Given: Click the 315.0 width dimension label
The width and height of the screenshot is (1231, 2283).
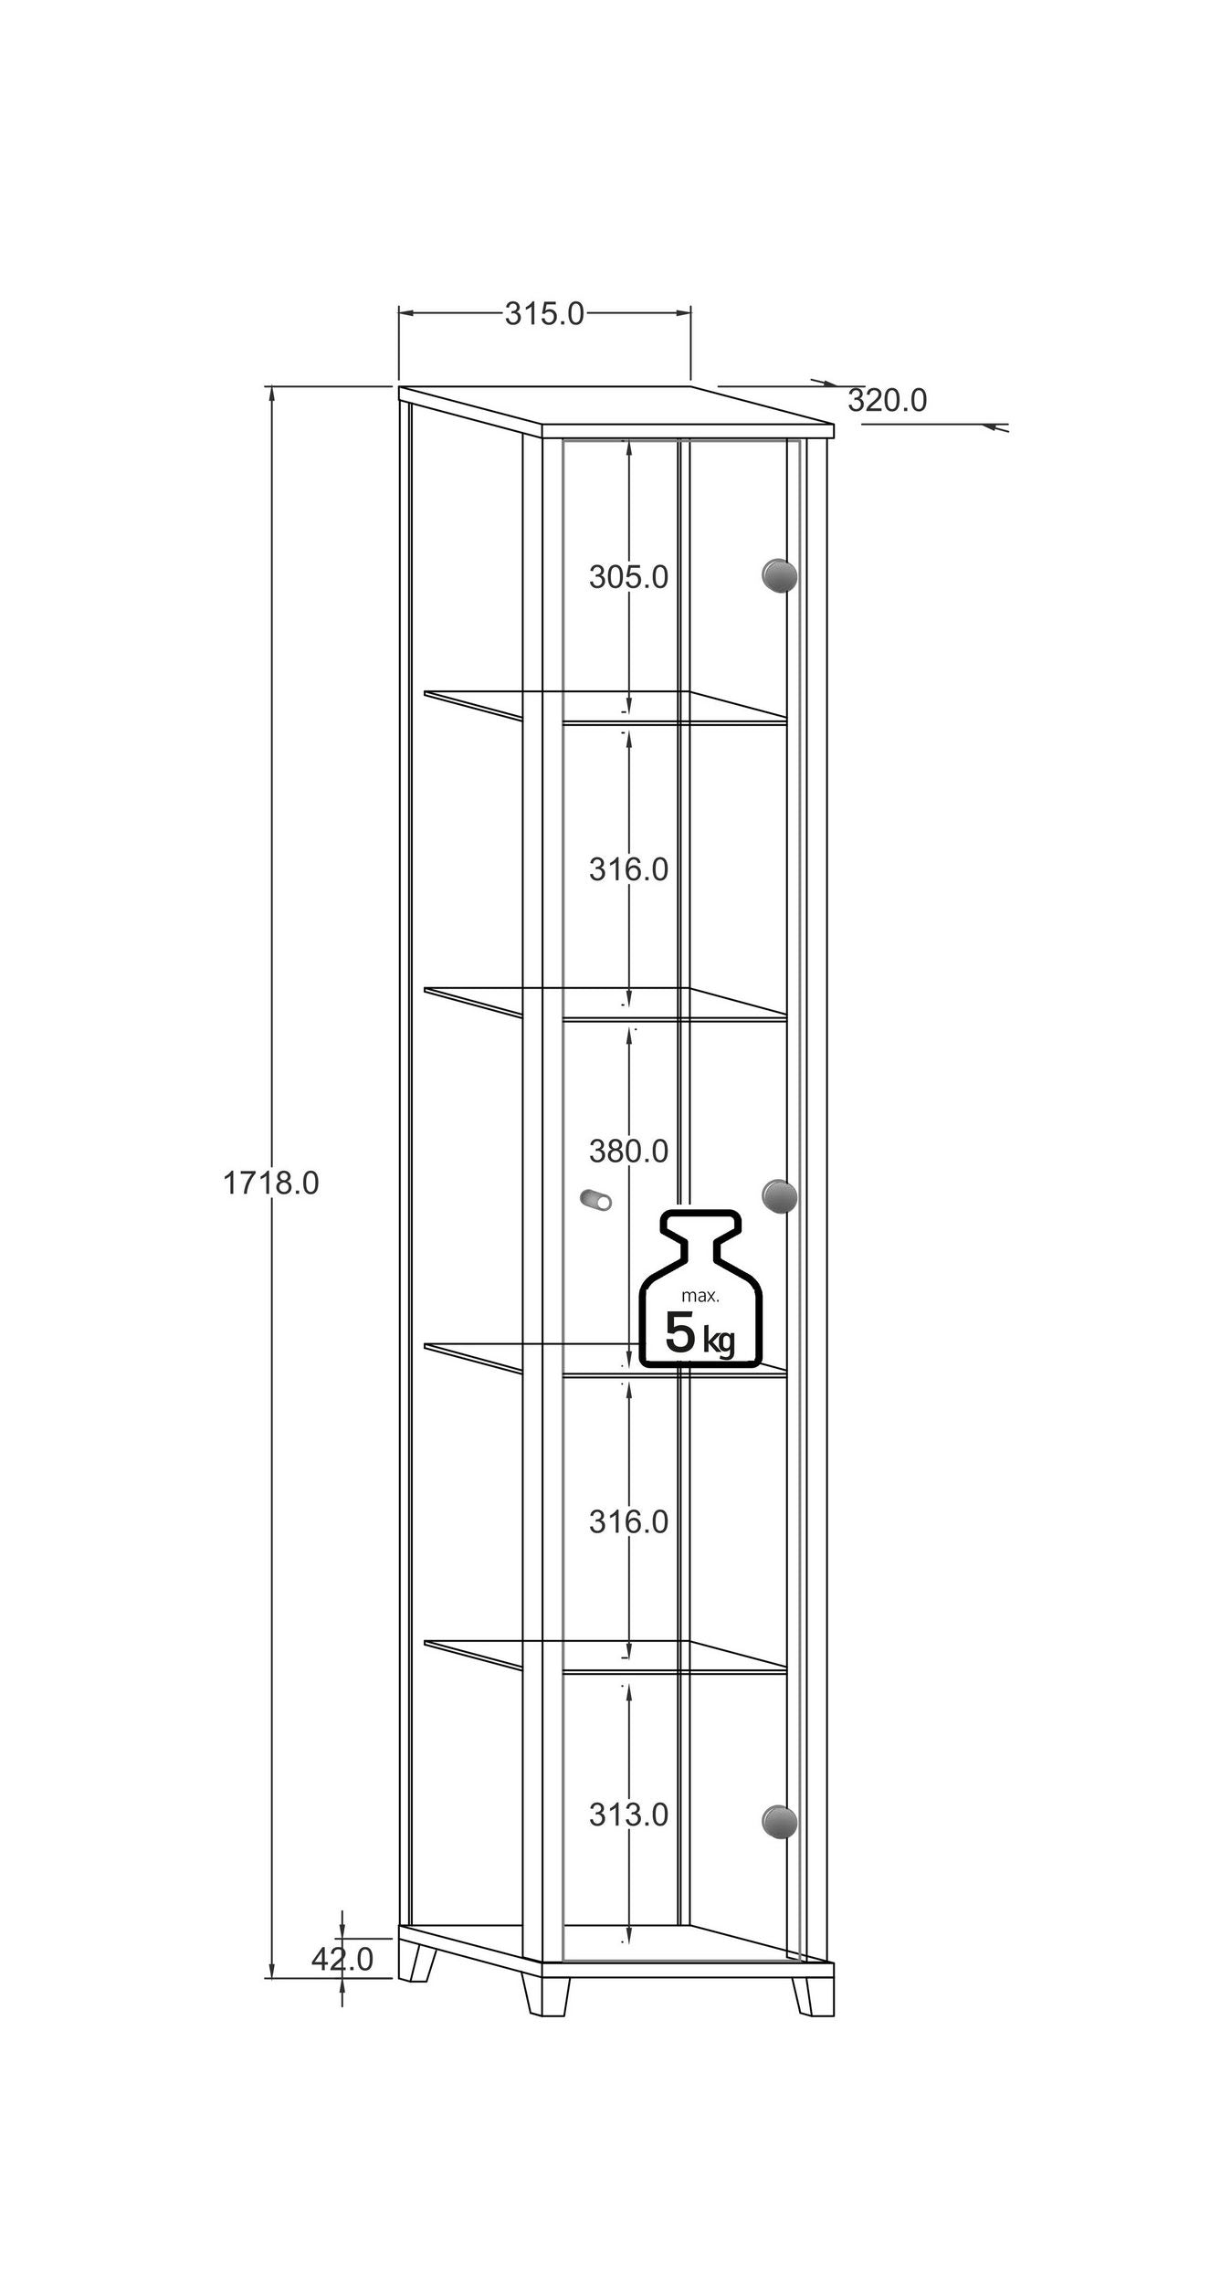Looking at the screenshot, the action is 544,313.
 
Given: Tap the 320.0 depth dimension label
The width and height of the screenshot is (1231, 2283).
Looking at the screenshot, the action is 887,400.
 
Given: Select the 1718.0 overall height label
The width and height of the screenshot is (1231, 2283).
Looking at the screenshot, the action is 271,1184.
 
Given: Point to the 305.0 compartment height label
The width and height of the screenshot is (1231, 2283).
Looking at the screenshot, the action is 628,577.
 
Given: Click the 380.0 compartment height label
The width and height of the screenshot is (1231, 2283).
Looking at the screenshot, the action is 628,1152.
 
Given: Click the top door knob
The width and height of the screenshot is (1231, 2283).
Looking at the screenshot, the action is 779,575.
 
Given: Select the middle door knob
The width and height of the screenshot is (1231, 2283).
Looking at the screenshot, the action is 779,1196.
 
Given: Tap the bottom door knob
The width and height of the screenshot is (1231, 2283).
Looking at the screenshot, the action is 779,1821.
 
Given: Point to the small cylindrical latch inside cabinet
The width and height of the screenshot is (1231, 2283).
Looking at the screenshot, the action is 596,1200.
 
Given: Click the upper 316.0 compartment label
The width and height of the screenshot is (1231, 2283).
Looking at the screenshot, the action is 628,869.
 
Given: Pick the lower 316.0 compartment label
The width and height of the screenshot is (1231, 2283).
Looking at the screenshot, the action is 628,1522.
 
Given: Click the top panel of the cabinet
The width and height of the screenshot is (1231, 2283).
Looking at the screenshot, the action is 616,412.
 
